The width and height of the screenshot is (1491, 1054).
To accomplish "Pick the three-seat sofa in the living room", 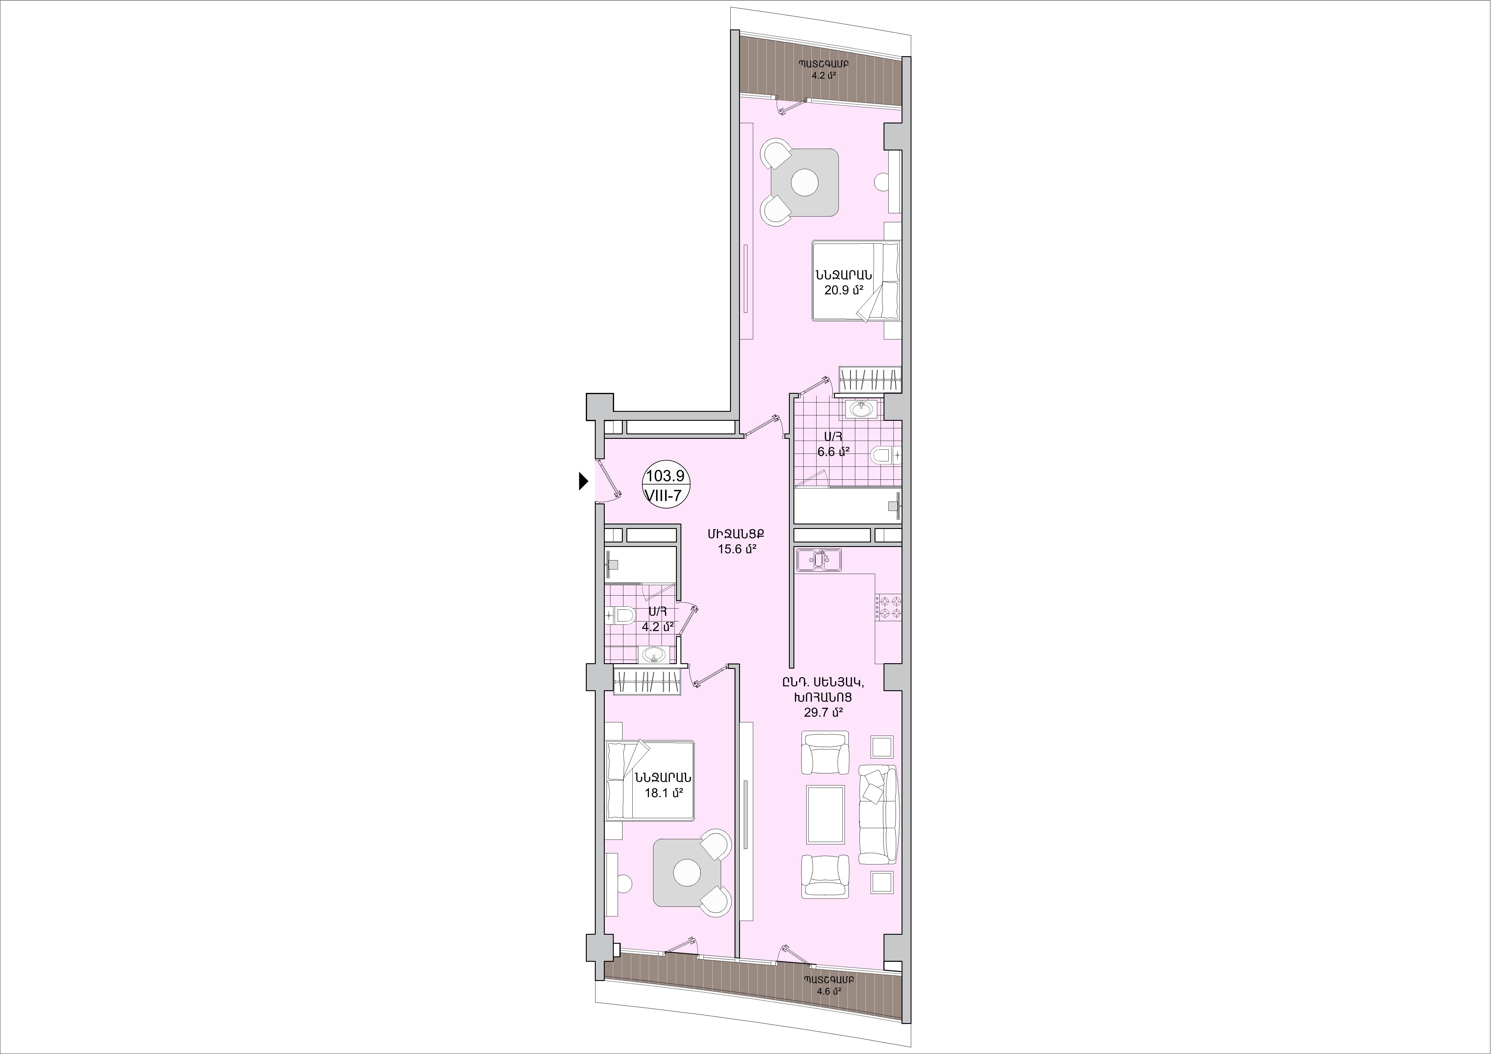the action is point(878,814).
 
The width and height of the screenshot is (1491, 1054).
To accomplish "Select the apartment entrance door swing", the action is point(153,481).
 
